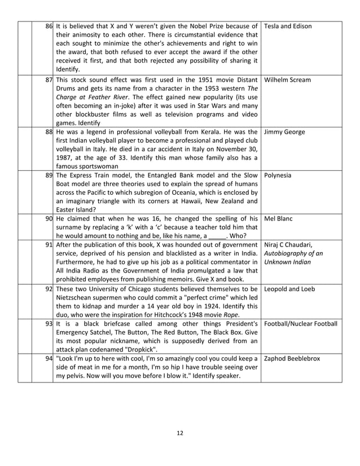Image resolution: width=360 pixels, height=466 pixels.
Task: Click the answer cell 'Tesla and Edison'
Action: coord(287,27)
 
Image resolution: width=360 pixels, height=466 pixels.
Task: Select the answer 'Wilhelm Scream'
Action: coord(287,80)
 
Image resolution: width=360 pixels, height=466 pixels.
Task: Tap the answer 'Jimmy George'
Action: coord(284,132)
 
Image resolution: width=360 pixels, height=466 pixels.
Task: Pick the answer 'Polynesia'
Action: coord(278,175)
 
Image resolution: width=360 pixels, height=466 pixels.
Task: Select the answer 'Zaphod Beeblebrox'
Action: coord(292,359)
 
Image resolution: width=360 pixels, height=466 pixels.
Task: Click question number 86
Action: coord(49,27)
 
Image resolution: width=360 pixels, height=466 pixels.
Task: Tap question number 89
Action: coord(49,175)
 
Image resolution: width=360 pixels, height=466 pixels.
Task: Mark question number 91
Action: coord(49,245)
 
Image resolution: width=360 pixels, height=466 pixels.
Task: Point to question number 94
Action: coord(49,359)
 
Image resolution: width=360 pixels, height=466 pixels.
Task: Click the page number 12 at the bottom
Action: coord(180,433)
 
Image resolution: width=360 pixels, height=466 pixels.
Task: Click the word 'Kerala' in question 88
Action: coord(207,132)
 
